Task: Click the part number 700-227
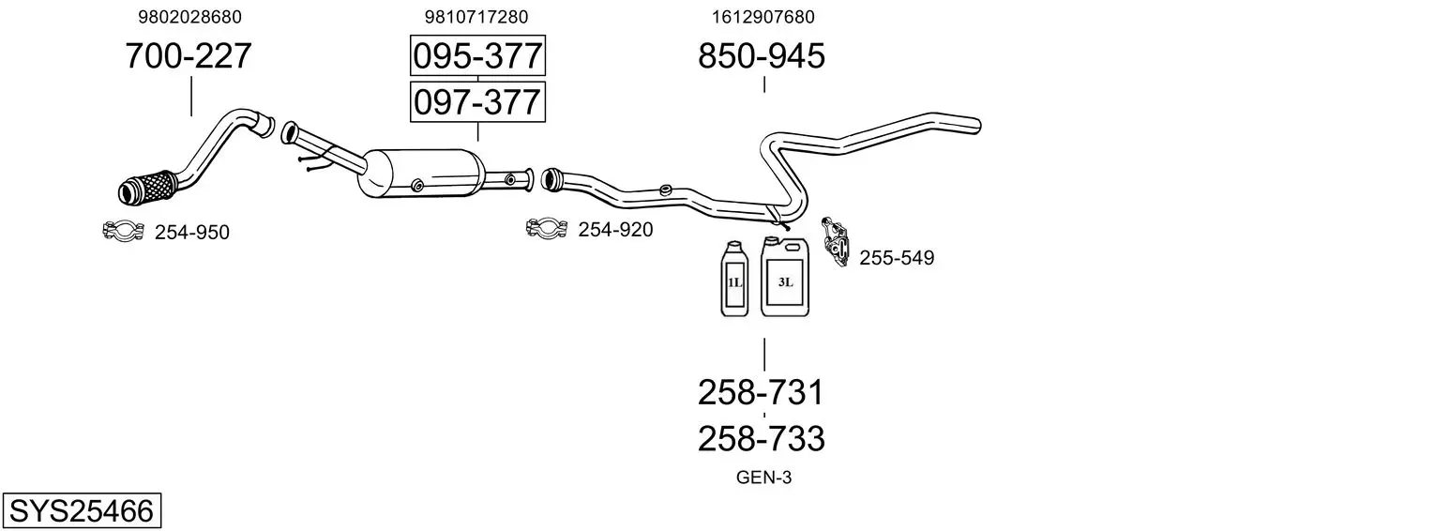point(189,55)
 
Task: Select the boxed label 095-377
point(478,55)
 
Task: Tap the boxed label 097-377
point(478,102)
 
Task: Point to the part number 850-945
point(761,55)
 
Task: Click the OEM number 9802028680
point(189,17)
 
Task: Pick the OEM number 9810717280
point(476,17)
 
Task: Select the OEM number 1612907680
point(763,17)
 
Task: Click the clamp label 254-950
point(192,232)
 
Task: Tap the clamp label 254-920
point(615,229)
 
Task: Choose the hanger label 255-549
point(897,257)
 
